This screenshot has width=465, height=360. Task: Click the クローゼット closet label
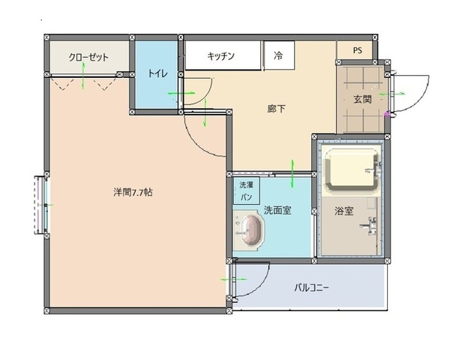(88, 57)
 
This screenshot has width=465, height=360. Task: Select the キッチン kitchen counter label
(222, 55)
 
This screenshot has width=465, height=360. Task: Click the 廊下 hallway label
(276, 109)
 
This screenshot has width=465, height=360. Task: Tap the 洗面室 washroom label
(277, 211)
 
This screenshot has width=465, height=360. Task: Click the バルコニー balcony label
(311, 286)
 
